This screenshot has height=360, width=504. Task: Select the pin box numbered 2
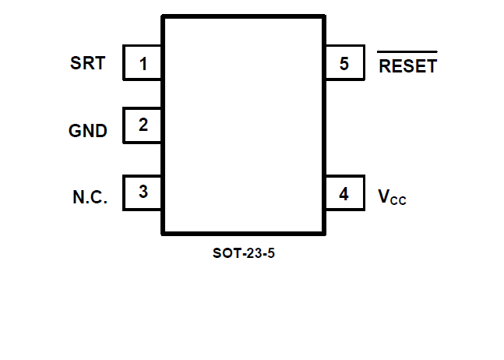(x=143, y=125)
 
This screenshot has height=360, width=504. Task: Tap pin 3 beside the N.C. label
(x=143, y=192)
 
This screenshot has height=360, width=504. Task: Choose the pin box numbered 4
(x=344, y=193)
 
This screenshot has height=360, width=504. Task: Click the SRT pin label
(x=87, y=64)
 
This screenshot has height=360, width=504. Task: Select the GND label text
(x=88, y=131)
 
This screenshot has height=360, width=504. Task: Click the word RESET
(x=407, y=67)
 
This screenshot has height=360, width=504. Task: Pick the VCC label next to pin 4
(x=392, y=197)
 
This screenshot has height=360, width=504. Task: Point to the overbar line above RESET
(x=407, y=53)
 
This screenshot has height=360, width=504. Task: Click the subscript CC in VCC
(x=398, y=201)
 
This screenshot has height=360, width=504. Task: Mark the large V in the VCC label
(x=384, y=196)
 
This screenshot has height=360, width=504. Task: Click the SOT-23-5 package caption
(x=243, y=253)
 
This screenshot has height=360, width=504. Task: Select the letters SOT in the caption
(x=224, y=253)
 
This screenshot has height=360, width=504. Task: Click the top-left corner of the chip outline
(x=163, y=16)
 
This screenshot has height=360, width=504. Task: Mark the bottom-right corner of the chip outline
(x=324, y=233)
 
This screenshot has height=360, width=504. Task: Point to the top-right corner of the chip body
(x=324, y=16)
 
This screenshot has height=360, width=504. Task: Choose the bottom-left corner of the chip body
(x=163, y=233)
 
